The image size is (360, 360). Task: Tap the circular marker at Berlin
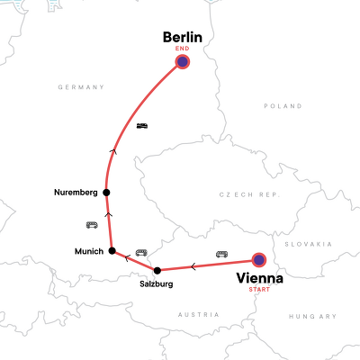tap(183, 62)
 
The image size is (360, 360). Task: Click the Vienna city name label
tap(259, 278)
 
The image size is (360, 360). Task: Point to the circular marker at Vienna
tap(259, 260)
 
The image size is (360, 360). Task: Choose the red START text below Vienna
tap(259, 290)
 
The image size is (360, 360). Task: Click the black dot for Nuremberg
tap(106, 192)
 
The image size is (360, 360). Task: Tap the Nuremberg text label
tap(75, 192)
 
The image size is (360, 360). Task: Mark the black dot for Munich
tap(112, 251)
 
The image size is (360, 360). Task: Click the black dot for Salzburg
tap(157, 270)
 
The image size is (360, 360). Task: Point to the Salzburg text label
tap(157, 283)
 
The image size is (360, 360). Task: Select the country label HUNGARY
tap(312, 316)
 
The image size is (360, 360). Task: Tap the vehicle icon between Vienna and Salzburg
tap(221, 254)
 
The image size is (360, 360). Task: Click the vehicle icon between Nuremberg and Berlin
tap(142, 126)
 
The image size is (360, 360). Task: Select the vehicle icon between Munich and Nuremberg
tap(91, 224)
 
